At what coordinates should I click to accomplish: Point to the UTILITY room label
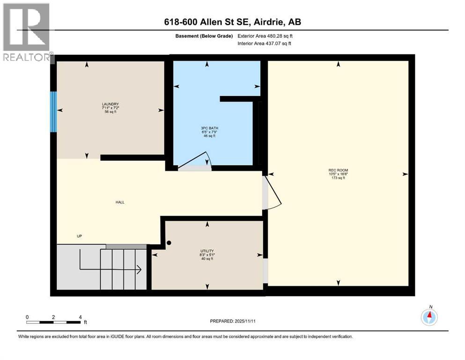coord(207,251)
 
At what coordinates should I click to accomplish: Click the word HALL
coord(120,202)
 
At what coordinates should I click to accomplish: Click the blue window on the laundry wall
coord(53,112)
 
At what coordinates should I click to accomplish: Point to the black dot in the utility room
coord(170,243)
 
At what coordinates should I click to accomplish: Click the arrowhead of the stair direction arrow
coord(139,269)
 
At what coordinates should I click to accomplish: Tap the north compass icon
coord(429,317)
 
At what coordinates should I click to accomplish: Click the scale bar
coord(54,322)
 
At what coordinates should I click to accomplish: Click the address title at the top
coord(232,22)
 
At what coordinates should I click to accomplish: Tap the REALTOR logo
coord(27,32)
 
